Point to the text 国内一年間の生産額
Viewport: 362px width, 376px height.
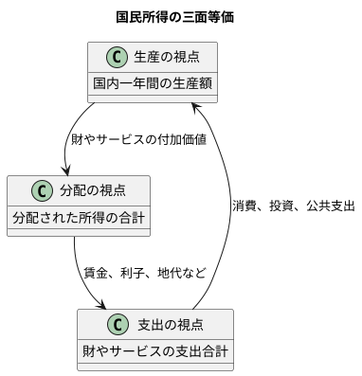(x=152, y=85)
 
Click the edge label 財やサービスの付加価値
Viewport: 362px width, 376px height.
(x=138, y=139)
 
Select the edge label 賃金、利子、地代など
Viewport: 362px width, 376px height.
(x=143, y=273)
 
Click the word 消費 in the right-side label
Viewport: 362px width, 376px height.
(x=244, y=206)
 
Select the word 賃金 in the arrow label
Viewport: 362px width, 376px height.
(x=95, y=273)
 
